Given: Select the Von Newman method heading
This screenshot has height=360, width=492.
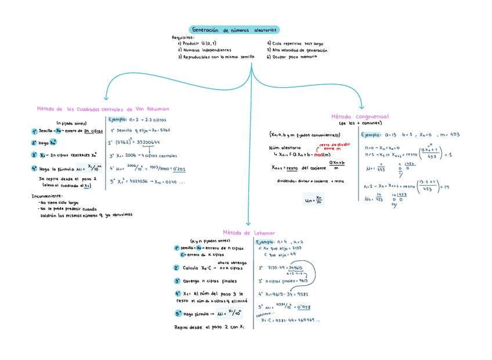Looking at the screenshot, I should click(103, 109).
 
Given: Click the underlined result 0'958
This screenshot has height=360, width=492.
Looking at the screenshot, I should click(302, 307).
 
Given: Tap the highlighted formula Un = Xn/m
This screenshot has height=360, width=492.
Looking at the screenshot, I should click(312, 200).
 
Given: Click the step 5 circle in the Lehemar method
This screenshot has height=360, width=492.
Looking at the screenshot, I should click(178, 314).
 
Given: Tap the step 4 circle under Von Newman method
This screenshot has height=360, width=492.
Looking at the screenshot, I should click(35, 169).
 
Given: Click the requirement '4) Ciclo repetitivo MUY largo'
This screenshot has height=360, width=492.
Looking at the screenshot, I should click(295, 44).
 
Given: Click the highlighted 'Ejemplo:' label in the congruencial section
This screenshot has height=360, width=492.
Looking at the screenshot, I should click(370, 135).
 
